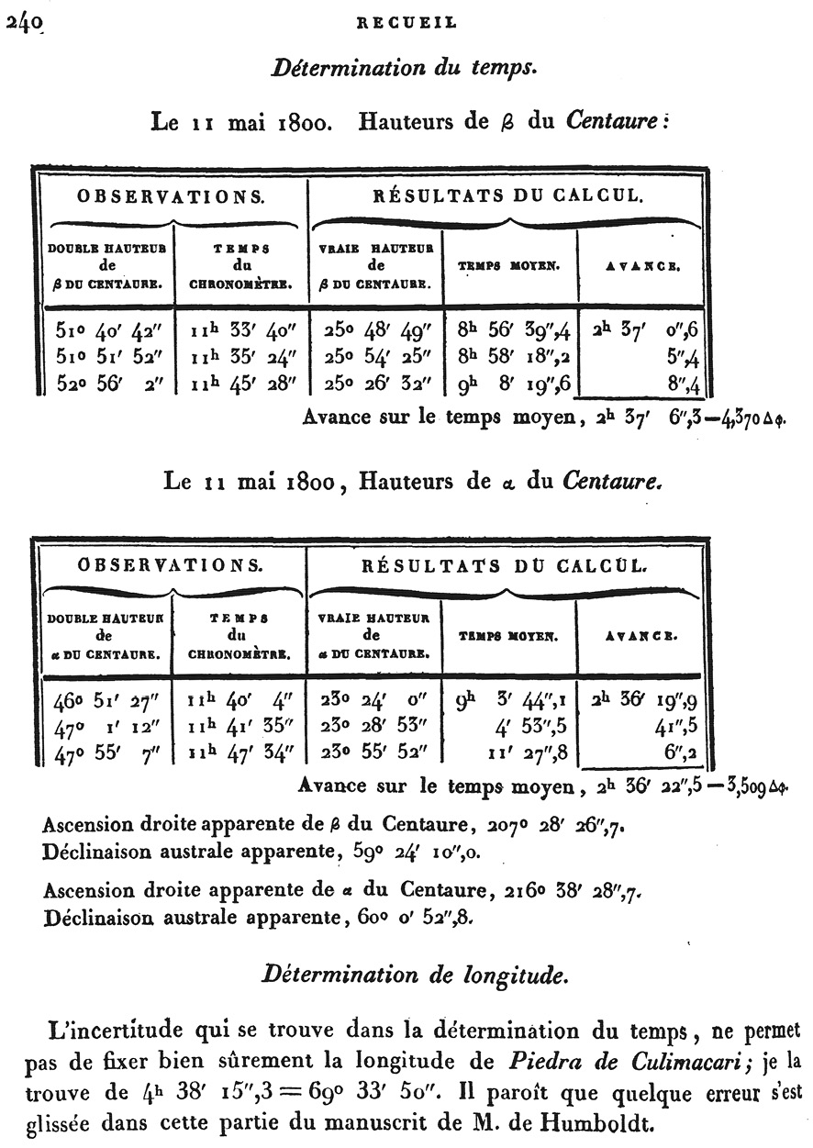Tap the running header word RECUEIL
pos(406,25)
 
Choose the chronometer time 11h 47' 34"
pos(241,753)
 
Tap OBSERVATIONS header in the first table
pos(172,196)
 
